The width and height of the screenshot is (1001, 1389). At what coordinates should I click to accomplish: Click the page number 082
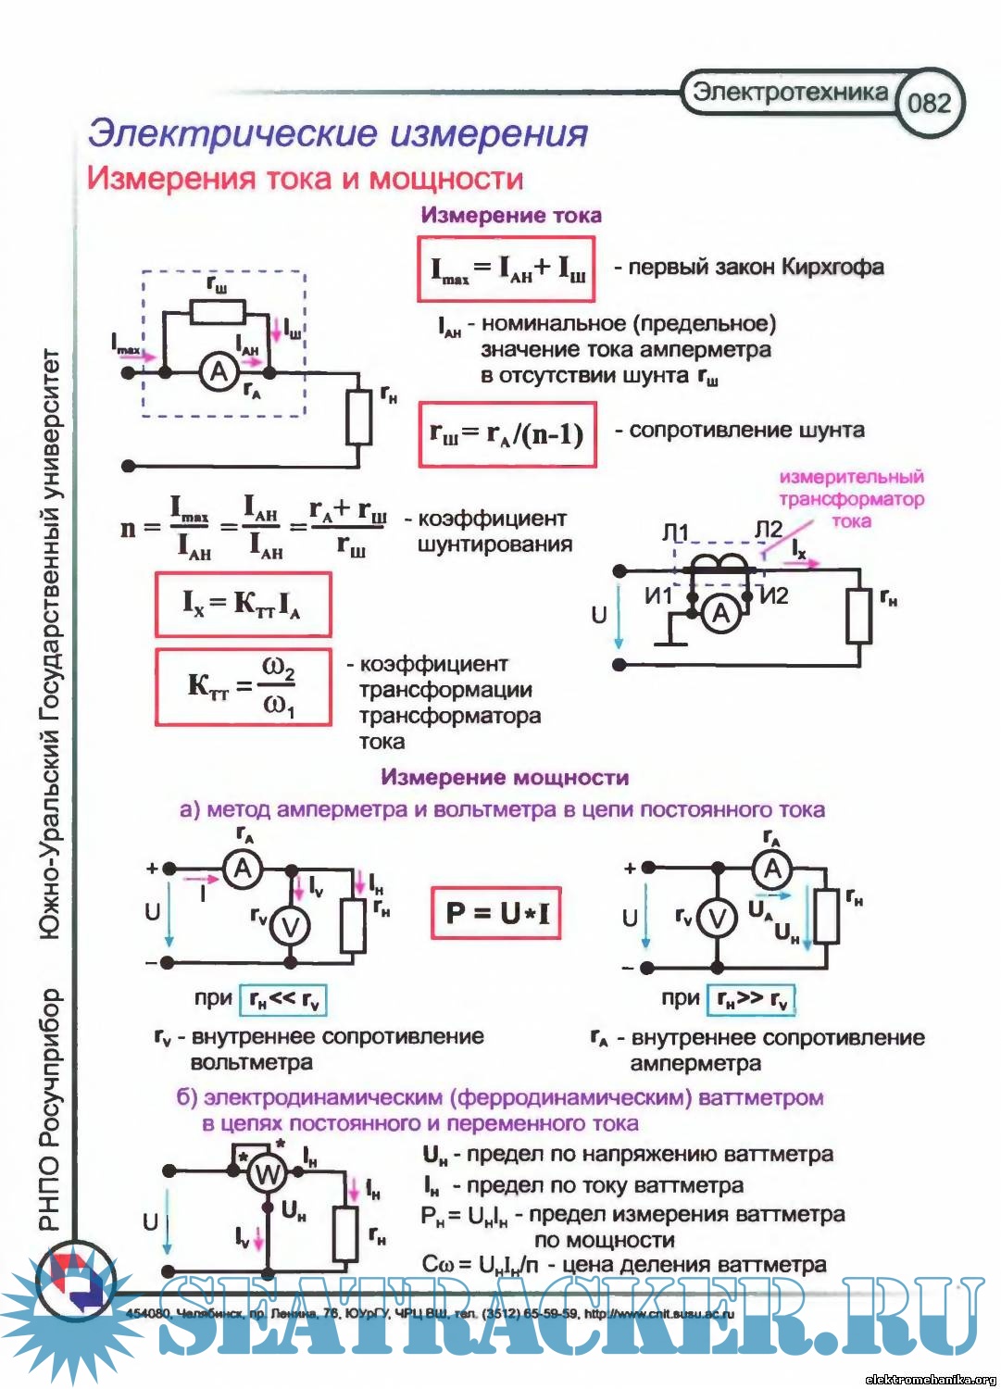point(930,102)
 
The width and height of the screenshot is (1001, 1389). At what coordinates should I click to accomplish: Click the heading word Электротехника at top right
point(790,92)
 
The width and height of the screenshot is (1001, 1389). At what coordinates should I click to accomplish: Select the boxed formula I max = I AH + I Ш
point(506,269)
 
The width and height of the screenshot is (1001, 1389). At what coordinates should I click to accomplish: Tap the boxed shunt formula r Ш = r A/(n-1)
point(507,433)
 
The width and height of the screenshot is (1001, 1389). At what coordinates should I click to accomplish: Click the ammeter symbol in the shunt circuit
point(219,372)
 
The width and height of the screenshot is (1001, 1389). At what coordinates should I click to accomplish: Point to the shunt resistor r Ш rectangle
point(218,312)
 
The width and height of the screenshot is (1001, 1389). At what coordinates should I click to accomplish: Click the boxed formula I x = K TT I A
point(243,605)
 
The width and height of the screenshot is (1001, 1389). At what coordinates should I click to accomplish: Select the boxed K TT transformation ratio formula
point(243,686)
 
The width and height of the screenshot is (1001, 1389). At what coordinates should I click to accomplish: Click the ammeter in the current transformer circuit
point(720,613)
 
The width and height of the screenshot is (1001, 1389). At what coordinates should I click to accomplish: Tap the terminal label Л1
point(675,532)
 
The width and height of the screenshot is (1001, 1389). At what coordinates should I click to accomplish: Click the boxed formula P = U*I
point(496,913)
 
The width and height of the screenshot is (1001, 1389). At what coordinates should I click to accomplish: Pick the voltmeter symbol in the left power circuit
point(290,926)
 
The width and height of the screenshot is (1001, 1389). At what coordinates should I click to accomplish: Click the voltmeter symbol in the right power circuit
point(717,918)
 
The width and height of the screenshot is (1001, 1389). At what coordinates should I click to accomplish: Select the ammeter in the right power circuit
point(772,869)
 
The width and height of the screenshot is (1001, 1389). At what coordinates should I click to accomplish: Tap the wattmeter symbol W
point(267,1175)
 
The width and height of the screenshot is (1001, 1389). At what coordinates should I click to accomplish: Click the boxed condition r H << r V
point(282,999)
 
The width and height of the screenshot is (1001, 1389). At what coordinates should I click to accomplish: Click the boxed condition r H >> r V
point(751,999)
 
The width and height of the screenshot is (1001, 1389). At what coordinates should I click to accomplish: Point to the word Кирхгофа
point(832,268)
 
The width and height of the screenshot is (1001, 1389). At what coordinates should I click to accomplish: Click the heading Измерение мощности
point(505,778)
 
